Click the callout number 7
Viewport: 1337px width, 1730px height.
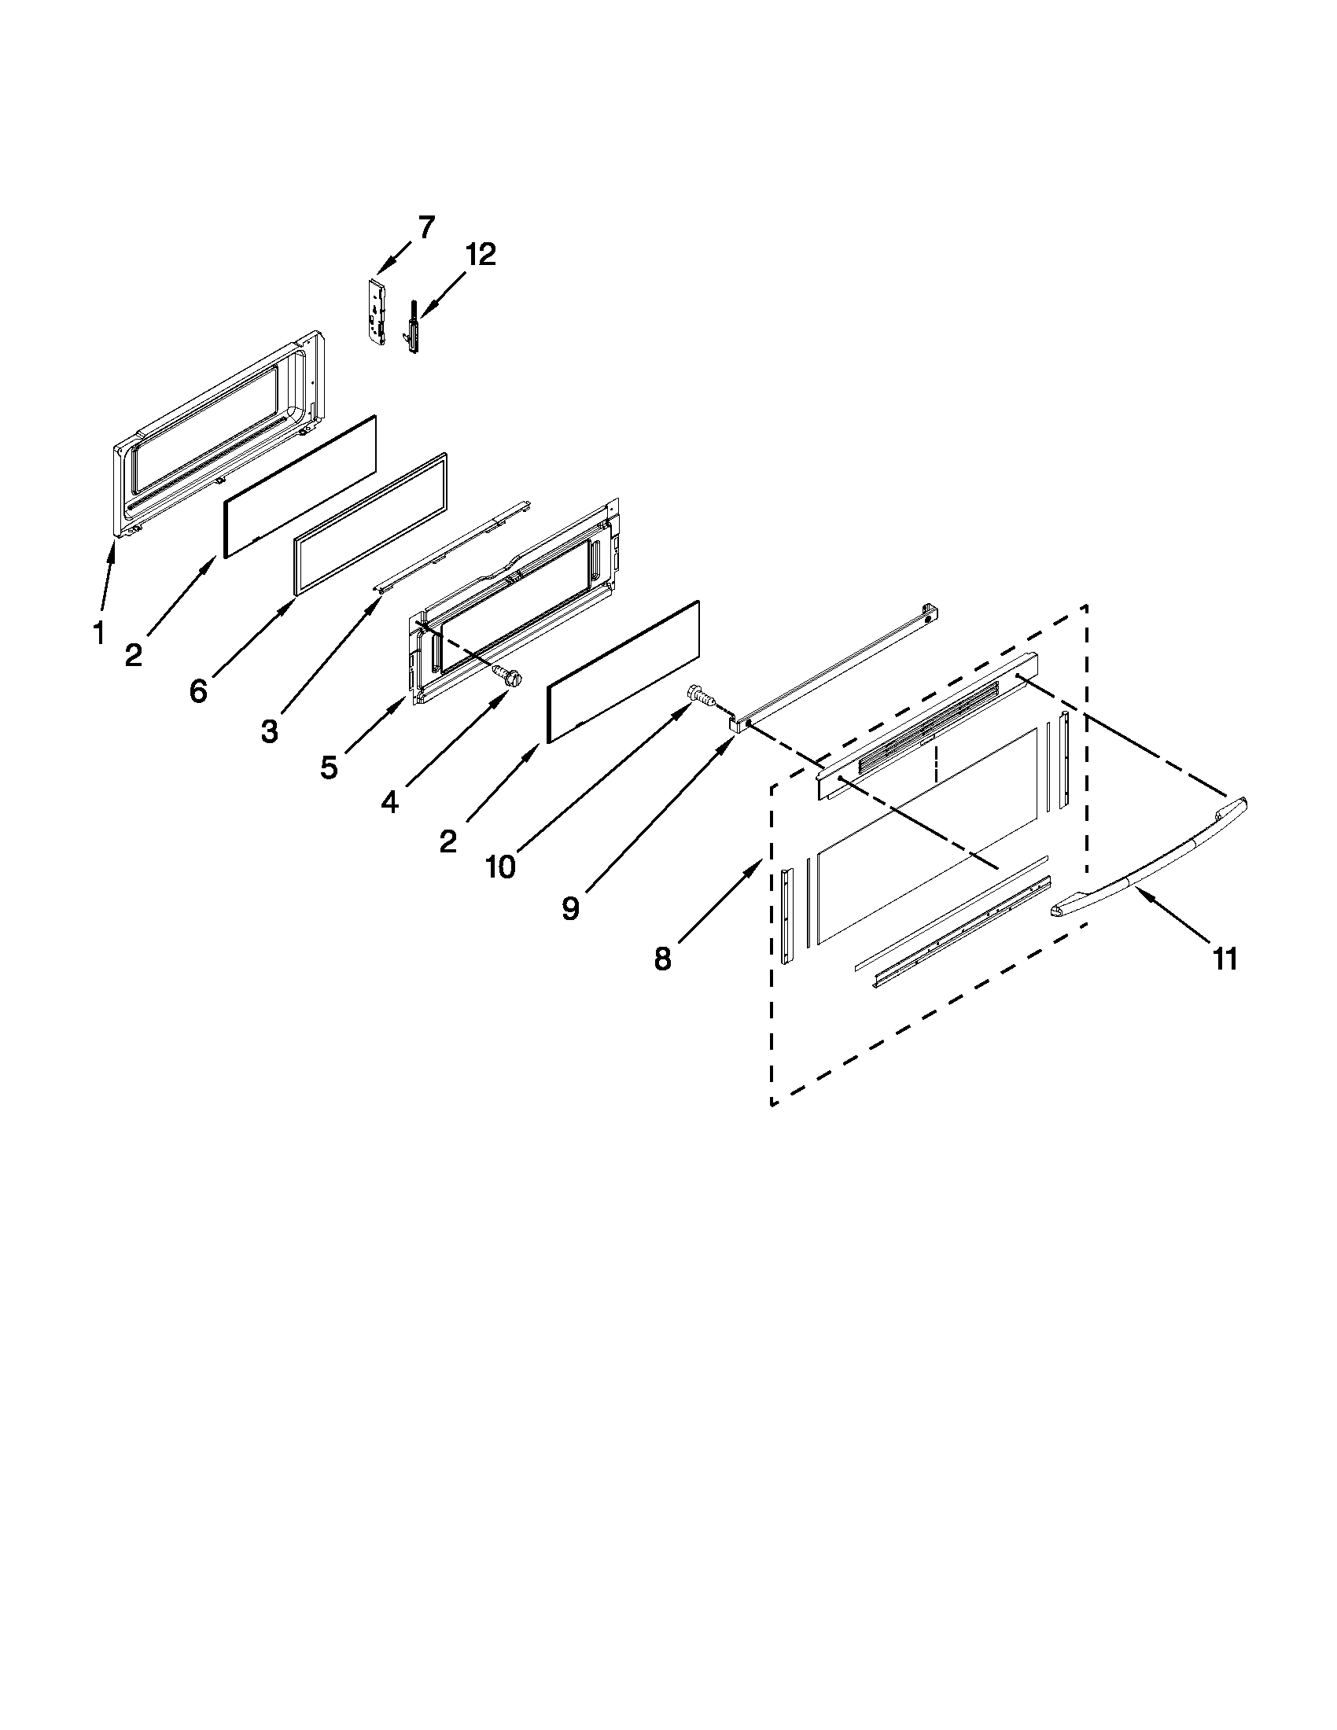[x=426, y=228]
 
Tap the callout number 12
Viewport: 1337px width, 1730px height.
[x=480, y=255]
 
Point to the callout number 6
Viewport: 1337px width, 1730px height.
[x=198, y=690]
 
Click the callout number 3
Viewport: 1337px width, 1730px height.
[x=269, y=733]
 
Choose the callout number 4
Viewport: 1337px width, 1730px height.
[x=389, y=801]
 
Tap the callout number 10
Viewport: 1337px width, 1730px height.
[x=499, y=867]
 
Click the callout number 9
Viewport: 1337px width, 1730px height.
[x=570, y=908]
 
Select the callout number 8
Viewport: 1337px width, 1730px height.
[x=663, y=959]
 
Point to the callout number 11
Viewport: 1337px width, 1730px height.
[x=1225, y=959]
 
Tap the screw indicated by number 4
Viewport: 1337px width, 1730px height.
[x=508, y=675]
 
